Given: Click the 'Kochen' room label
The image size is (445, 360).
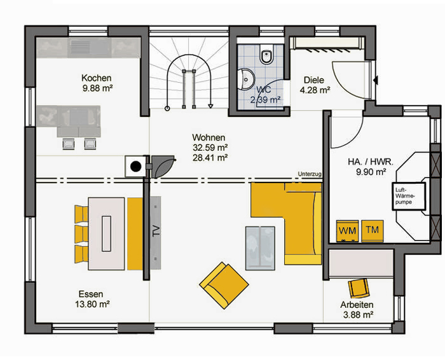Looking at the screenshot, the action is [96, 78].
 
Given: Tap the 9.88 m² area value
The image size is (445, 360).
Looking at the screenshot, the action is [97, 88].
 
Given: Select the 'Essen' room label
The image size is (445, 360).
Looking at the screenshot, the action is [91, 294].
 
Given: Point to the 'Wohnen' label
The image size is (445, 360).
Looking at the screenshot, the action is [209, 137].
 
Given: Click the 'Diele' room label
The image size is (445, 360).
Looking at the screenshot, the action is [314, 80].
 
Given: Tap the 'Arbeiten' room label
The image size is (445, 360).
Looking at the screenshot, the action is [357, 305].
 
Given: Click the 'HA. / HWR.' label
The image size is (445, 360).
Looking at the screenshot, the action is [371, 162].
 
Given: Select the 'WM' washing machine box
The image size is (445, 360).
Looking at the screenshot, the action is [347, 231].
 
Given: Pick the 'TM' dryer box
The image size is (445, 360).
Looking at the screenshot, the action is [373, 230].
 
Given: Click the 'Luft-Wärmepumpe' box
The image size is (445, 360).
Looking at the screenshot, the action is [409, 197].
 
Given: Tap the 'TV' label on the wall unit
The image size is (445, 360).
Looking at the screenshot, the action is [156, 231].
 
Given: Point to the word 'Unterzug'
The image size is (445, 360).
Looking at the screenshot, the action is [310, 174].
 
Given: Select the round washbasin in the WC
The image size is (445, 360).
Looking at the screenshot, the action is [246, 80].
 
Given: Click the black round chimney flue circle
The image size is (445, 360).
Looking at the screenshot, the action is [135, 167].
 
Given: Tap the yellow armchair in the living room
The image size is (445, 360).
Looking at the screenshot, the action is [224, 285].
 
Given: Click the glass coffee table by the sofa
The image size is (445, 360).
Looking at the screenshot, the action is [260, 248].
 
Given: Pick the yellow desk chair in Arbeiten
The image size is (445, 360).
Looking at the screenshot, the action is [359, 288].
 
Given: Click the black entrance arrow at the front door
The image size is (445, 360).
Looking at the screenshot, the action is [376, 80].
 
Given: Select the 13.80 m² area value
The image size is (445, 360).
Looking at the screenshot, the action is [93, 305].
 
